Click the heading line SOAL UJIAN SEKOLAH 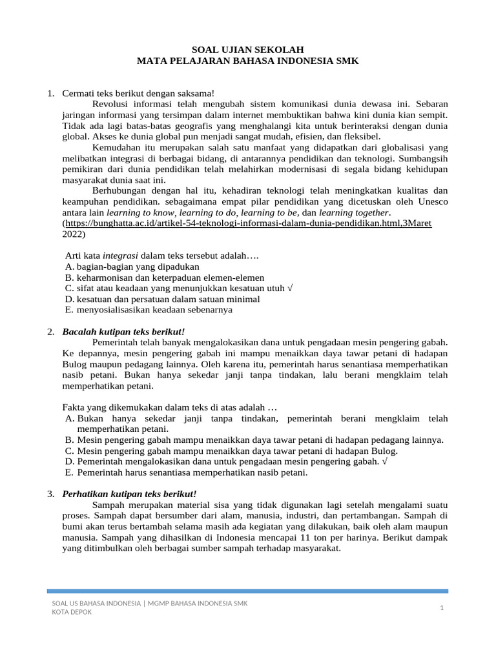(x=248, y=50)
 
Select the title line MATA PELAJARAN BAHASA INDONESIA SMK (x=248, y=61)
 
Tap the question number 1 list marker (x=51, y=94)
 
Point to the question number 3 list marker (x=51, y=494)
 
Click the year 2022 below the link (x=74, y=234)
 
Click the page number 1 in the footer (x=442, y=607)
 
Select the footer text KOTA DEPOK (x=72, y=612)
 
